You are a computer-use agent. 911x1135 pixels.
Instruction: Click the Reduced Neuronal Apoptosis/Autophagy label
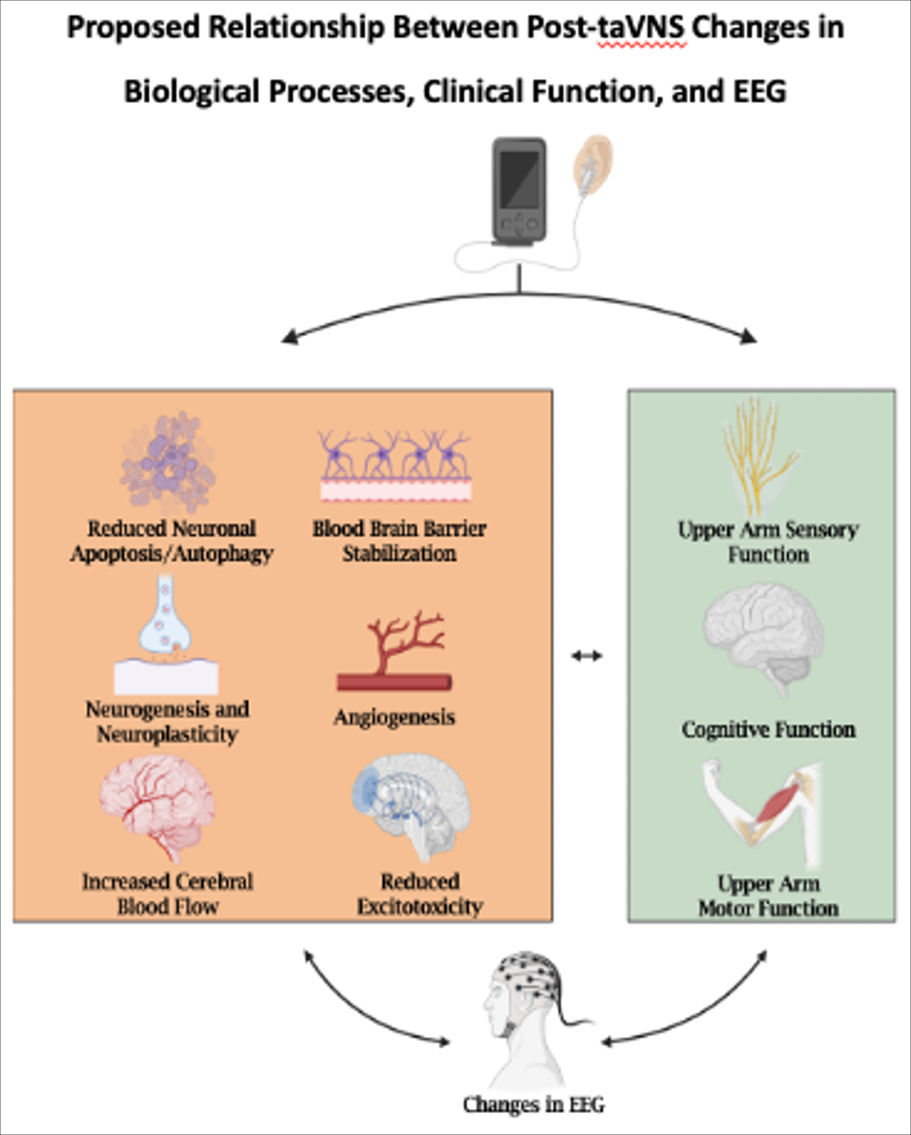[x=172, y=541]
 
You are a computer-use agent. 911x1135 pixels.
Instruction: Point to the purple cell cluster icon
[x=168, y=463]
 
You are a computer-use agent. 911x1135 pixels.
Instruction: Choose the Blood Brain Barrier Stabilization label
[x=399, y=541]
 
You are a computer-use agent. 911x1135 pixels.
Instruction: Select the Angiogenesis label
[x=394, y=717]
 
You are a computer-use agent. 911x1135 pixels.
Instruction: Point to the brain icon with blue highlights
[x=411, y=805]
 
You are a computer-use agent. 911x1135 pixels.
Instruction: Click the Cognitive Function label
[x=768, y=730]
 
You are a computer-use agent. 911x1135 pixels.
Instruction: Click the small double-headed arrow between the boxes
[x=586, y=655]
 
